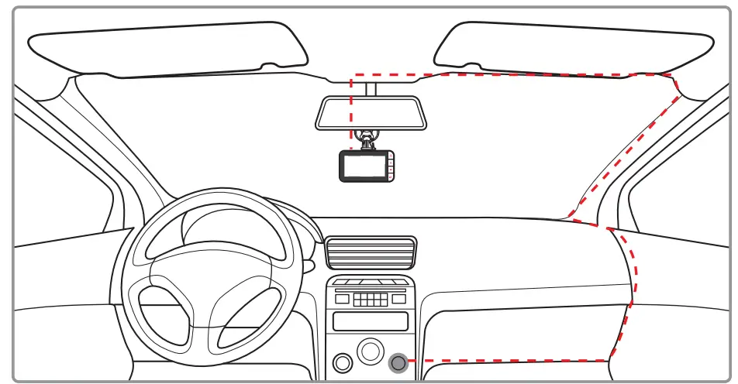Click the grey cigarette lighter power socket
pyautogui.click(x=399, y=362)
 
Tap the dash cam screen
pyautogui.click(x=364, y=166)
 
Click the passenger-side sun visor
pyautogui.click(x=574, y=46)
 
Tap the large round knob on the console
pyautogui.click(x=371, y=351)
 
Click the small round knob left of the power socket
pyautogui.click(x=342, y=362)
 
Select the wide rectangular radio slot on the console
pyautogui.click(x=370, y=321)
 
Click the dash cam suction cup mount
pyautogui.click(x=366, y=139)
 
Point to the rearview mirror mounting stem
pyautogui.click(x=371, y=88)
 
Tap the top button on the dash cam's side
pyautogui.click(x=391, y=158)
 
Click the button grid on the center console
pyautogui.click(x=370, y=299)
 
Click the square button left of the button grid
pyautogui.click(x=342, y=299)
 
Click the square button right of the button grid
pyautogui.click(x=398, y=299)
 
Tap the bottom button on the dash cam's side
pyautogui.click(x=391, y=175)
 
